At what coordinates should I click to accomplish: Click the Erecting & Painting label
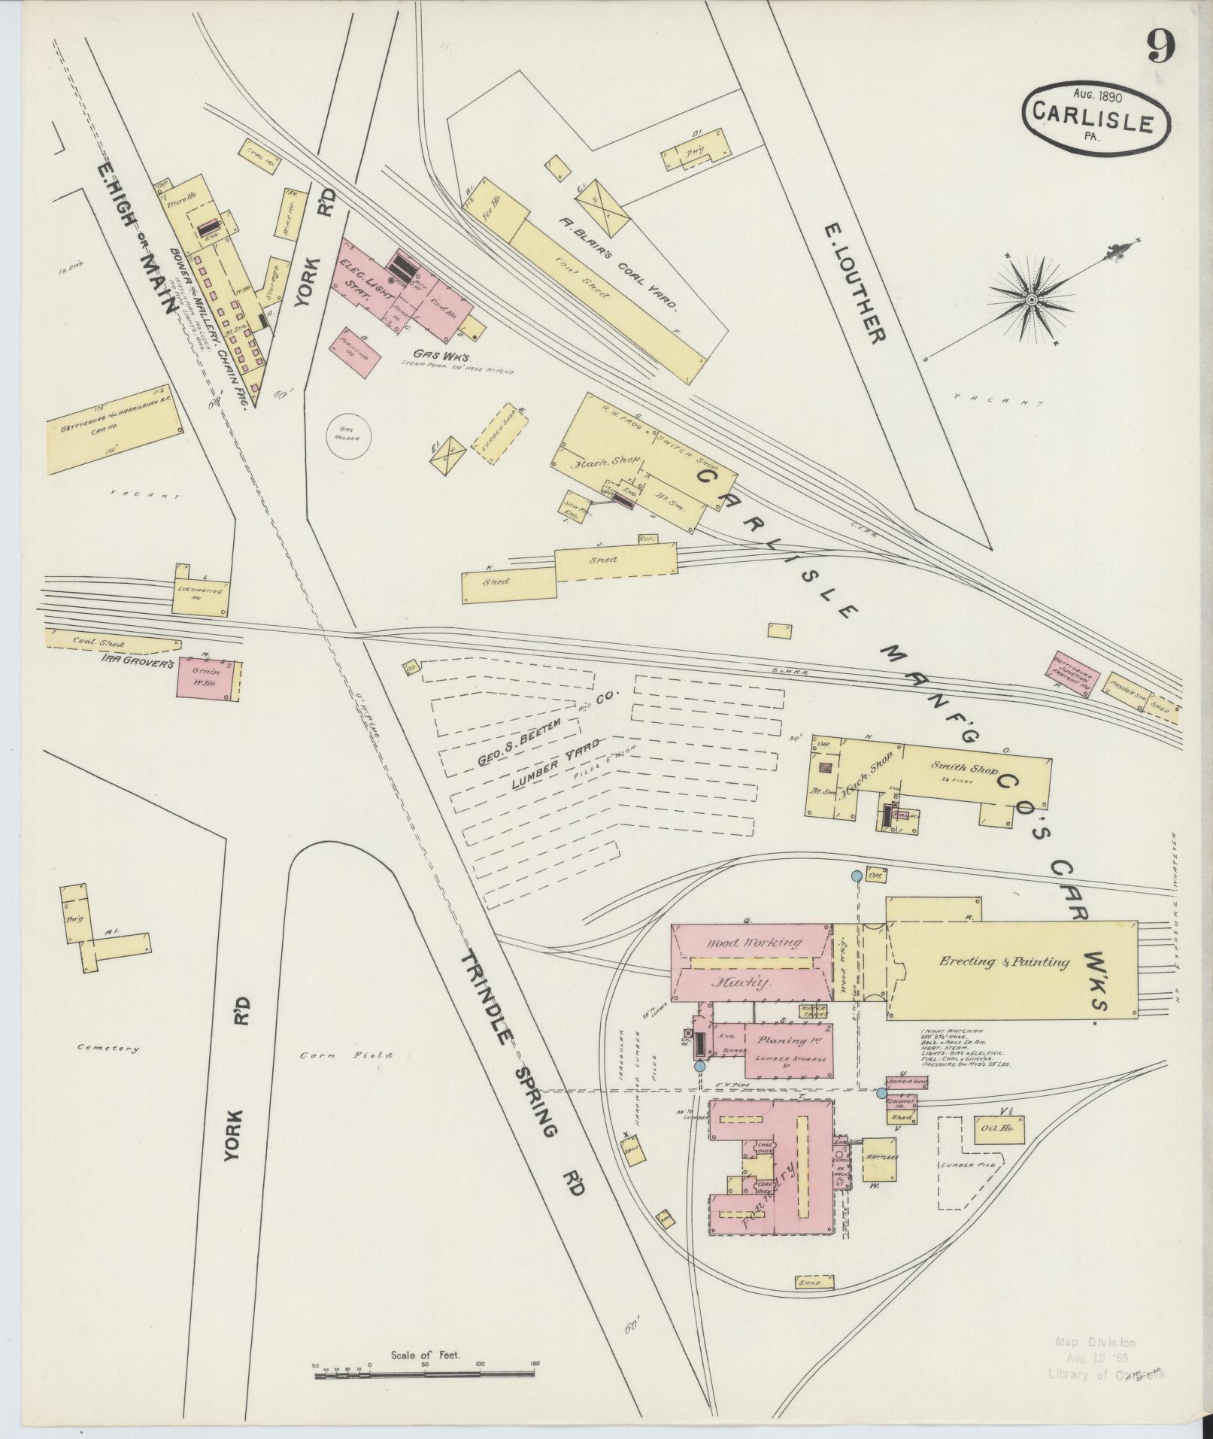click(1004, 961)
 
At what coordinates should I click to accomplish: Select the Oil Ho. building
click(999, 1129)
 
